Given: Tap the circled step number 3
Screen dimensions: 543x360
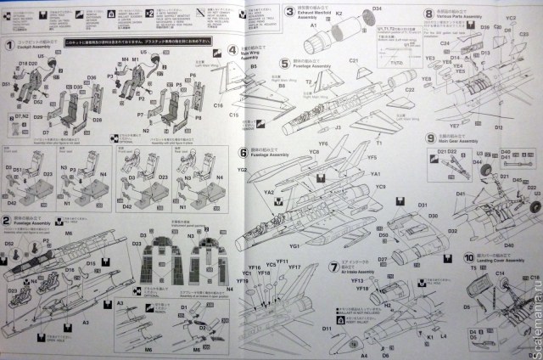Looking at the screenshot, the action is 289,12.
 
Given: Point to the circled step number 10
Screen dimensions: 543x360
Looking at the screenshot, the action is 468,257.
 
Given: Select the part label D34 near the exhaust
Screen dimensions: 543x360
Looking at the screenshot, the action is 375,8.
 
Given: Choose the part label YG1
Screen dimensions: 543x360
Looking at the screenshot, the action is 295,245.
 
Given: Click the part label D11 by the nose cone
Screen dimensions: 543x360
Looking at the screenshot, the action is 327,328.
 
